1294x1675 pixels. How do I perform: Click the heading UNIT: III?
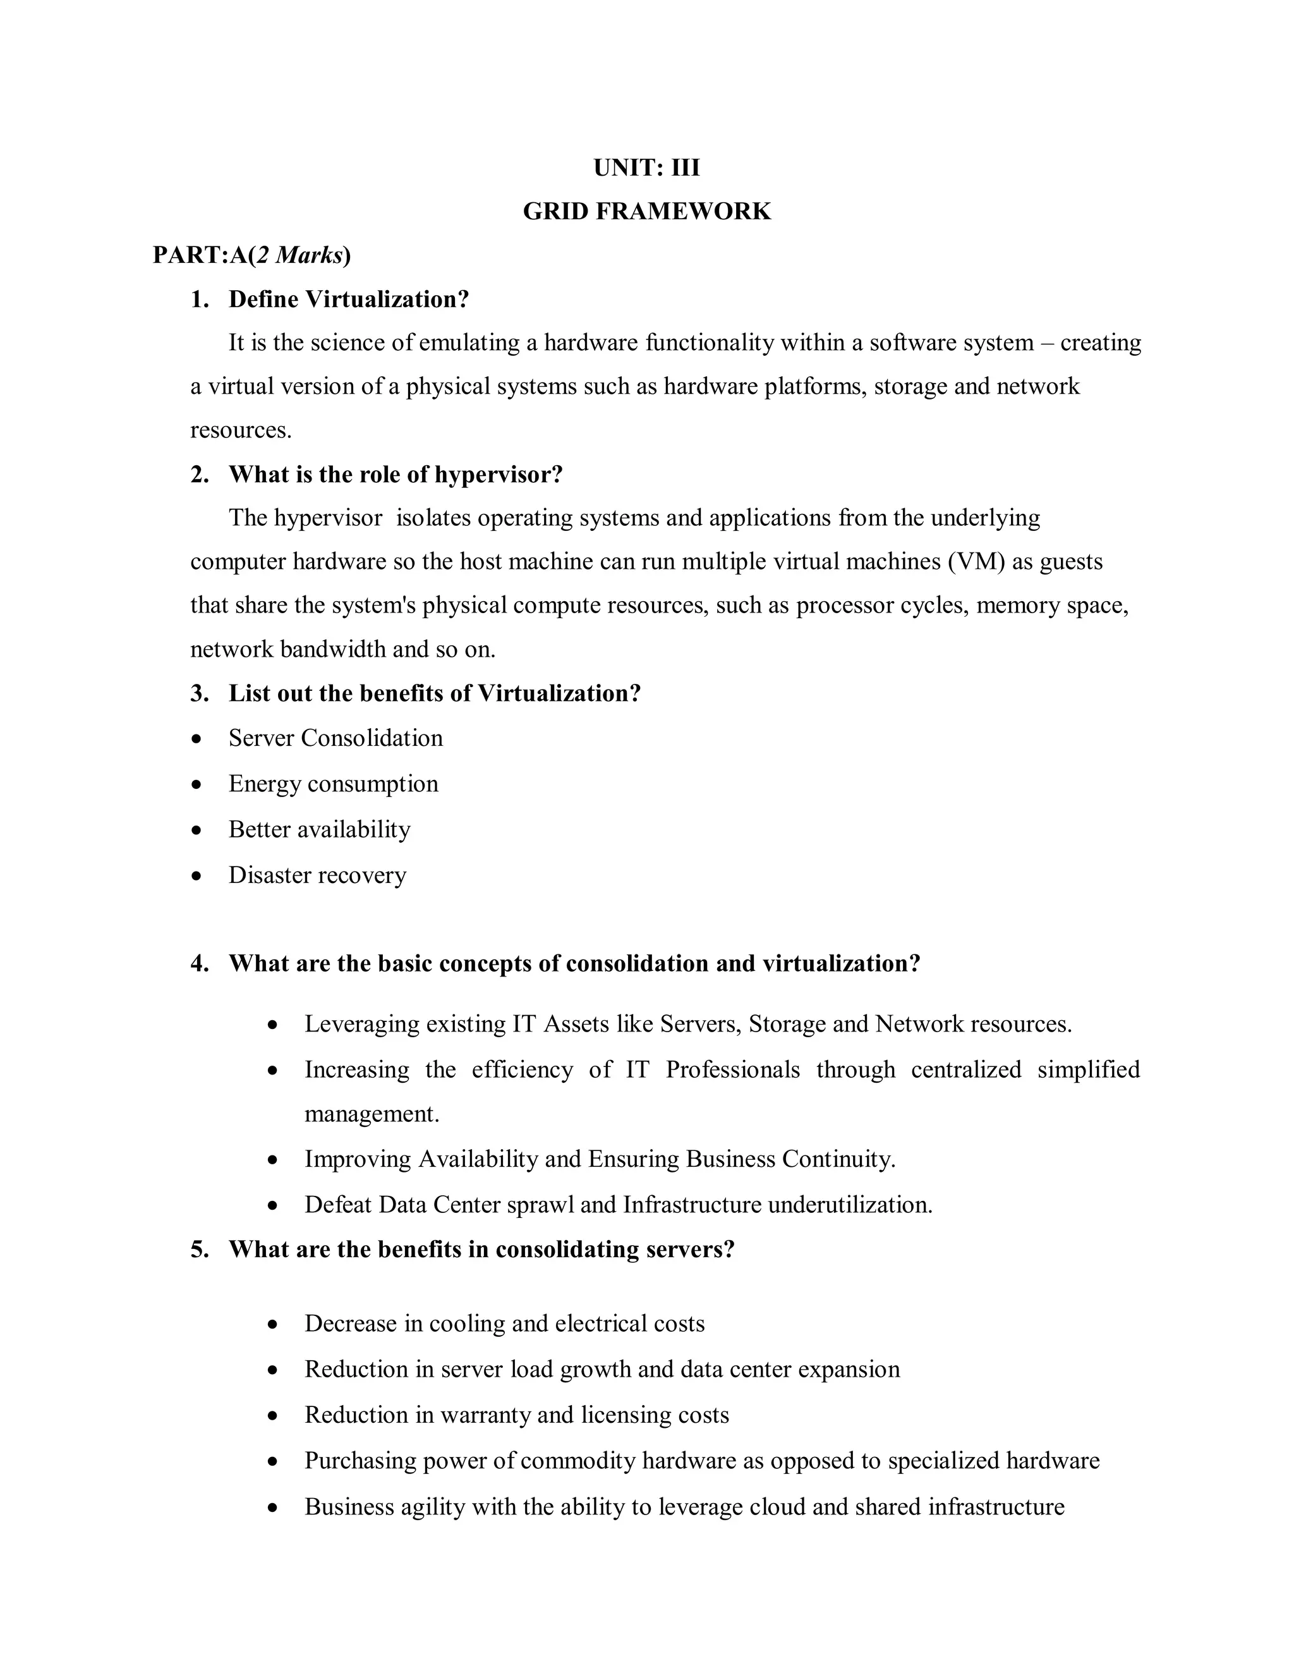pyautogui.click(x=646, y=167)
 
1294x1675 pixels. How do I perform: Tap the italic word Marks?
pyautogui.click(x=308, y=255)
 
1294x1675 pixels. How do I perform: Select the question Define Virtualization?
pyautogui.click(x=348, y=299)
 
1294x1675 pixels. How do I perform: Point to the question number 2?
pyautogui.click(x=199, y=474)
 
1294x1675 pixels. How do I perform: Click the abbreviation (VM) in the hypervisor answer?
pyautogui.click(x=975, y=561)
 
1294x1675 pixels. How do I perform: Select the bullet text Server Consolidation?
pyautogui.click(x=335, y=738)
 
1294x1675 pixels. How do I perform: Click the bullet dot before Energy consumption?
pyautogui.click(x=198, y=784)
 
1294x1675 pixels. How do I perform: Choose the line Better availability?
pyautogui.click(x=319, y=829)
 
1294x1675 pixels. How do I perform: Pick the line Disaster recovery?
pyautogui.click(x=317, y=875)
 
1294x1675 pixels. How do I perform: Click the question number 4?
pyautogui.click(x=199, y=963)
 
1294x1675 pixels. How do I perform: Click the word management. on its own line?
pyautogui.click(x=372, y=1113)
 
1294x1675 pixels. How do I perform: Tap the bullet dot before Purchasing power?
pyautogui.click(x=274, y=1461)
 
